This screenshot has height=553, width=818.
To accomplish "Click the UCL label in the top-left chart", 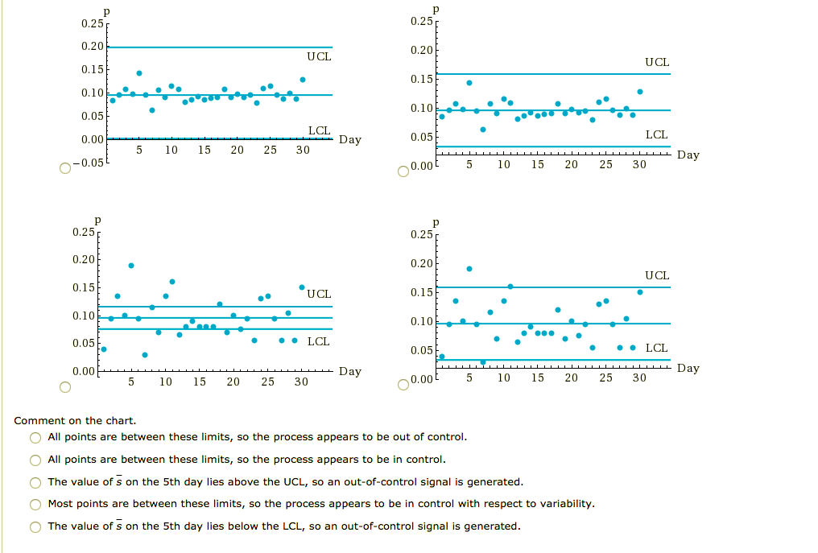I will click(319, 57).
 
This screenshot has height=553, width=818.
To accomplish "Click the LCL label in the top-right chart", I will click(656, 134).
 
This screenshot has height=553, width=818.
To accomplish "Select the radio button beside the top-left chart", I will click(65, 168).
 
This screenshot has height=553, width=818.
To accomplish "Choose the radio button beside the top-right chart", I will click(404, 171).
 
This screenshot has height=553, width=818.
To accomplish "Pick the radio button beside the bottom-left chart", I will click(65, 387).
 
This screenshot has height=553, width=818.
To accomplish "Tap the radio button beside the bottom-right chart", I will click(404, 384).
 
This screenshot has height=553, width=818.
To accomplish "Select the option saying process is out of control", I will click(35, 437).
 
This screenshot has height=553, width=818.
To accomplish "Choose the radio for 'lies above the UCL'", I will click(35, 482).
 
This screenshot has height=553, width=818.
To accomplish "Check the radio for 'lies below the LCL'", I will click(35, 526).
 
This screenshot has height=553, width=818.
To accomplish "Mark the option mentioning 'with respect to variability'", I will click(35, 504).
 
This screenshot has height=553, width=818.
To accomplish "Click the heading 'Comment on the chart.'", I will click(75, 420).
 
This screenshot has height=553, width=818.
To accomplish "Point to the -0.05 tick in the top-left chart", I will click(89, 163).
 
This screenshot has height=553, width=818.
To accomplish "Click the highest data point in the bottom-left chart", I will click(131, 265).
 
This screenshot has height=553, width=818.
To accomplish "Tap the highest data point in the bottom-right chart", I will click(469, 269).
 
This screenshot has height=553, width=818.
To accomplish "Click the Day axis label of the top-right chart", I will click(688, 155).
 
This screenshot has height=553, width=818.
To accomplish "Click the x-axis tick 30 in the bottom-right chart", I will click(638, 377).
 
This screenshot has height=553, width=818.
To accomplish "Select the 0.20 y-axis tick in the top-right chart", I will click(422, 51).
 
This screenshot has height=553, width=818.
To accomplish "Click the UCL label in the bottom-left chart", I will click(319, 294).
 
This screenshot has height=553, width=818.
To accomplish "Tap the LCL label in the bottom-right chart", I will click(656, 348).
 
